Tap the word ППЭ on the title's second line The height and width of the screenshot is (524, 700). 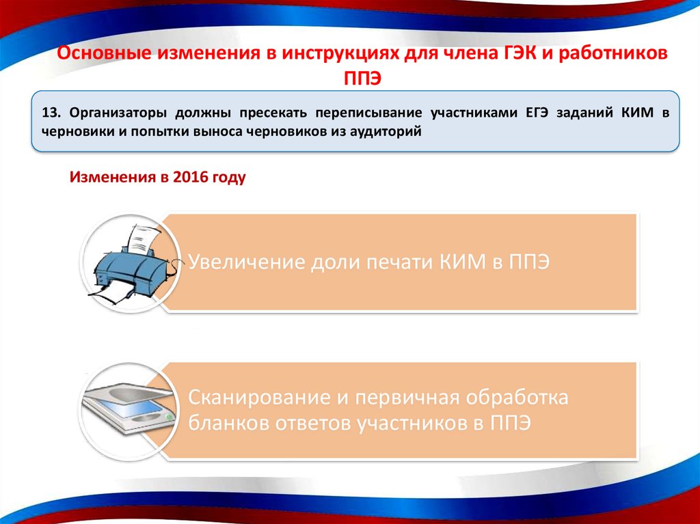pos(362,79)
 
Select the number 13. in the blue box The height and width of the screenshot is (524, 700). pos(51,113)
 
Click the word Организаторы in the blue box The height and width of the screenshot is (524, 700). pos(118,113)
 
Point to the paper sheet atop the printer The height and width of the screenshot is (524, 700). pos(144,239)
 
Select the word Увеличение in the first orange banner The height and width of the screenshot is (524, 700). pos(246,262)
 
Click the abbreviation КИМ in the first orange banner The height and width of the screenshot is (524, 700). pos(463,262)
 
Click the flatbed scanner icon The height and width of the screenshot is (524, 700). pos(127,409)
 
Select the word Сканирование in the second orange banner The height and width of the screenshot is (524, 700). pos(259,397)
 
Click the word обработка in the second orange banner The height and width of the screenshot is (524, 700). pos(517,397)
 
